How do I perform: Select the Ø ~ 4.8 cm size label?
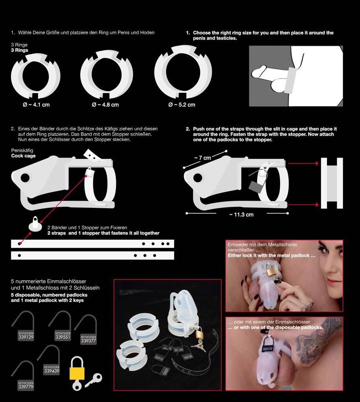coord(105,105)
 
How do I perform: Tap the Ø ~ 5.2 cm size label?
coord(182,105)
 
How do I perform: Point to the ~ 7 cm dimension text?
coord(203,158)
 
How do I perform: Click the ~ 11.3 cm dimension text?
coord(241,214)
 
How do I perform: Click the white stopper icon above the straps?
coord(35,225)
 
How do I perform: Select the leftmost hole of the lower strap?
coord(19,255)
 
